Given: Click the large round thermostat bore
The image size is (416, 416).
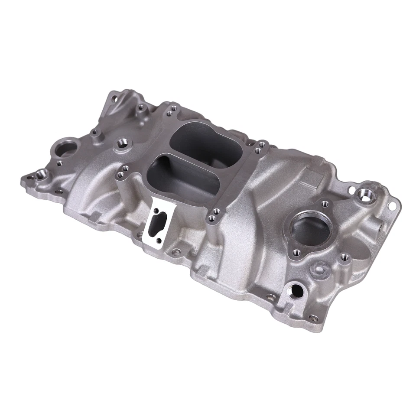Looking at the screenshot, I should [310, 227].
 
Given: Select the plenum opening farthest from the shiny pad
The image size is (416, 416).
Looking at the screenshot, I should [206, 141].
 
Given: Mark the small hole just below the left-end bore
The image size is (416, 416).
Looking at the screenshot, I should [59, 164].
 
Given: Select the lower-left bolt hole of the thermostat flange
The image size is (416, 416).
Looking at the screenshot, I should [296, 252].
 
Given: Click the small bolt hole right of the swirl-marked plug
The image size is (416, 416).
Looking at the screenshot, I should [345, 257].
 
